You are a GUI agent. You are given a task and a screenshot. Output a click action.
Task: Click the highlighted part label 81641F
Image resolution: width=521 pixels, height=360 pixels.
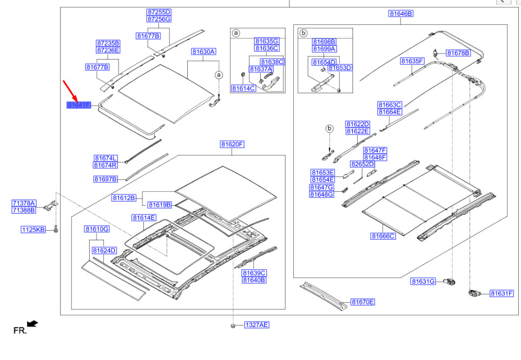click(x=79, y=106)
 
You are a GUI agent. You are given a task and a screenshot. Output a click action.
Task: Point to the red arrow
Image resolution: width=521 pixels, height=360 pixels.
click(x=70, y=91)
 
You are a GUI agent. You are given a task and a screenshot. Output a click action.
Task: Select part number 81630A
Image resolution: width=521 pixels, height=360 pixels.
click(x=203, y=51)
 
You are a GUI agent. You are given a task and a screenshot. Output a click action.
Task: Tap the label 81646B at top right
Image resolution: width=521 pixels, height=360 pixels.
click(x=401, y=14)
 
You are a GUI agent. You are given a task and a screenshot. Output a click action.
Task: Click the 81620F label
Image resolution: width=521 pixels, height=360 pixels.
click(x=232, y=144)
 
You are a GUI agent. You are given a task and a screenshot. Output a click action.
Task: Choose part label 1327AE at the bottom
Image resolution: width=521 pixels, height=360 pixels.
click(x=257, y=325)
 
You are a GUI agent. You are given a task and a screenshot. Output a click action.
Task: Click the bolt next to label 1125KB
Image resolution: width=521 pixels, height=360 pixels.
click(x=56, y=229)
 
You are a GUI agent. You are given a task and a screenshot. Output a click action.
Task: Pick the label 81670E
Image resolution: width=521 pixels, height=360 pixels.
click(x=363, y=302)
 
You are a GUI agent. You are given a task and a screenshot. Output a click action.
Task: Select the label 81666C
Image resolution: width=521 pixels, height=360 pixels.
click(x=384, y=236)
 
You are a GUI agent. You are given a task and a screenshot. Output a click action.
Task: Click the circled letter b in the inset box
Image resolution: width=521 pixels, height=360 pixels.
click(x=304, y=33)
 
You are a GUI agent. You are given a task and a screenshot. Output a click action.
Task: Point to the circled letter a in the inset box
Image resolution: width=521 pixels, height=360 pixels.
click(x=235, y=33)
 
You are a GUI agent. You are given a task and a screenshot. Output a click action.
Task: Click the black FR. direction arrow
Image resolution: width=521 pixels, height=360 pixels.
click(x=32, y=324)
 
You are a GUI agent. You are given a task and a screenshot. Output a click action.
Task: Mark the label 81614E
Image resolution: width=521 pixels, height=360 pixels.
click(x=144, y=218)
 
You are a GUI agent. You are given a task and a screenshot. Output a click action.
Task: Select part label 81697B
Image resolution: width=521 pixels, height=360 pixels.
click(x=105, y=179)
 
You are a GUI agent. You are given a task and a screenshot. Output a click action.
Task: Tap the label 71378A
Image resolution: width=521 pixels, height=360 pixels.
click(x=24, y=203)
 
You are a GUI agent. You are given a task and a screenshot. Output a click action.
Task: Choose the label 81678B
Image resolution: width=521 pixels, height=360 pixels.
click(x=458, y=53)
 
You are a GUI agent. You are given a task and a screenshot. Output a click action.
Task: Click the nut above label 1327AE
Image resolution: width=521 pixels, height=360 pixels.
click(x=233, y=325)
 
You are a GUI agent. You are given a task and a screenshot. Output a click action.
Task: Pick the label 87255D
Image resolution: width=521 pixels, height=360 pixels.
click(x=159, y=12)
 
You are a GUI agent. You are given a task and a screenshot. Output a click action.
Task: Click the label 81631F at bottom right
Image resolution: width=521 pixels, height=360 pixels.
click(x=502, y=293)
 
